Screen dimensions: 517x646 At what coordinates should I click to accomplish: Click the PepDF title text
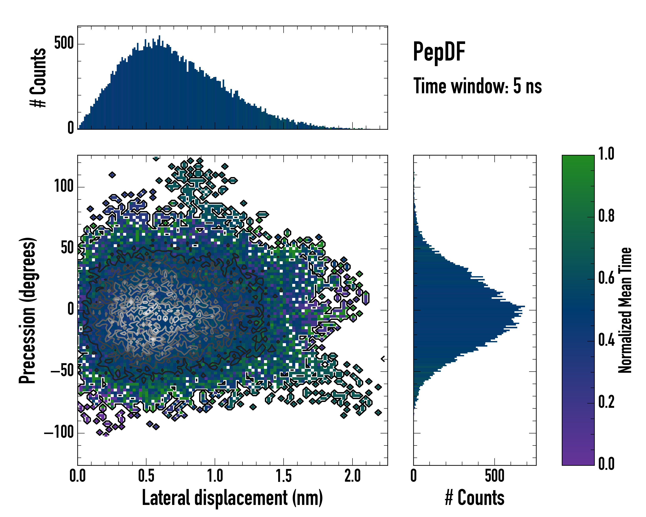[439, 52]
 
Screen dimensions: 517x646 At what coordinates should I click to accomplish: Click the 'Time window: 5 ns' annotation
[477, 86]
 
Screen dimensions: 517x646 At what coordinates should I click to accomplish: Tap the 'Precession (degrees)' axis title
[28, 310]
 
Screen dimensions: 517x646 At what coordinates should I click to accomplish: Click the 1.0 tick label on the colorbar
[606, 154]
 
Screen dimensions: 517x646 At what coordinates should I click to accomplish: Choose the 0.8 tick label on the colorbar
[606, 216]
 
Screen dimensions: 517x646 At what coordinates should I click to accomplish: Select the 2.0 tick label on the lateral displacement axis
[352, 476]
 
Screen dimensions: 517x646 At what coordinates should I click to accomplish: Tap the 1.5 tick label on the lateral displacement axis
[283, 476]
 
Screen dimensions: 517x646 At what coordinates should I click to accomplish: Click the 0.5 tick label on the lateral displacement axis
[146, 476]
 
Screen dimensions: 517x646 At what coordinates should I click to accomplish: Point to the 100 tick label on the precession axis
[64, 186]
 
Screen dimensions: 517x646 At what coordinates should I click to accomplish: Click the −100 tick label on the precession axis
[59, 433]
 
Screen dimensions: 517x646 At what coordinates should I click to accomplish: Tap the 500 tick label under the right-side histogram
[494, 476]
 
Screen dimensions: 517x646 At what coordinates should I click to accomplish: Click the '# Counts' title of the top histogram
[38, 78]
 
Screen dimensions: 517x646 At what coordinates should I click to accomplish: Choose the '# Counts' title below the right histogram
[475, 498]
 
